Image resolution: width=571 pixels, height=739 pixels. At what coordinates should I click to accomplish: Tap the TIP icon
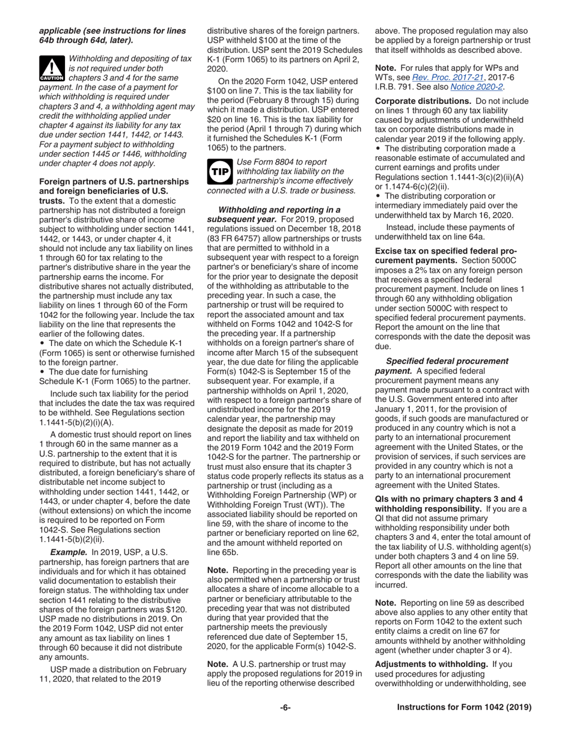click(x=219, y=171)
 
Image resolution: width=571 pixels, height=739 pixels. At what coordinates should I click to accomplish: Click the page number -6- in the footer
click(x=285, y=707)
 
